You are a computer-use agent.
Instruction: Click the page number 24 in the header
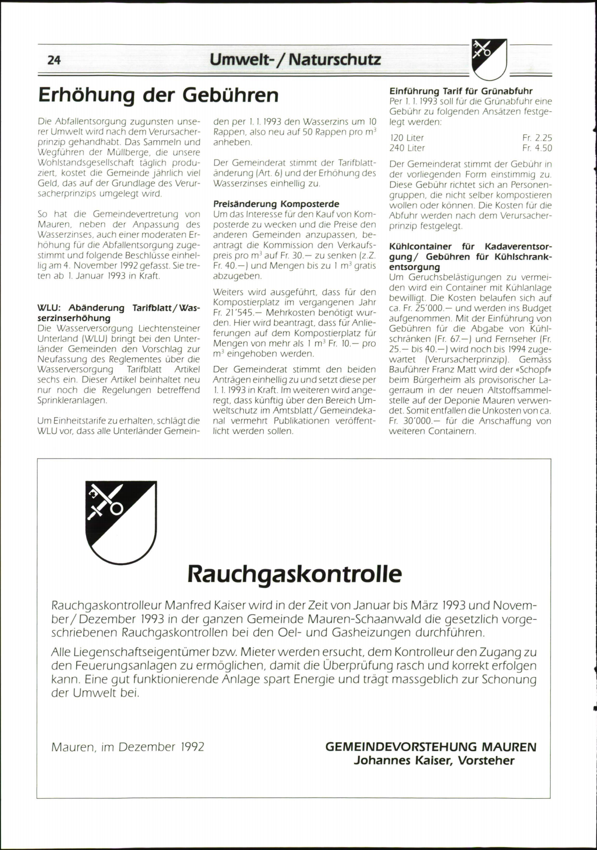54,60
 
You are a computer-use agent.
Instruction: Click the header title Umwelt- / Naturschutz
295,60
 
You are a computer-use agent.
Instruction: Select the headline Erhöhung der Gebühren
158,95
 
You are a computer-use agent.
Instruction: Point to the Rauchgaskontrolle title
295,574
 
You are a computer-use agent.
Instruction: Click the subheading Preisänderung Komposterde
276,204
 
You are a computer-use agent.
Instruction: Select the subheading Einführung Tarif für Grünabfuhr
461,91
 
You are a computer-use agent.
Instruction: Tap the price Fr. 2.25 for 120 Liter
537,138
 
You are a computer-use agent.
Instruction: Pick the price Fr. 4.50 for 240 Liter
537,148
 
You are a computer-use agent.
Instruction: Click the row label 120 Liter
407,138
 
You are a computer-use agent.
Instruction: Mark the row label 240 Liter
407,148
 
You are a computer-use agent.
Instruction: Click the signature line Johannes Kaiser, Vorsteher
434,760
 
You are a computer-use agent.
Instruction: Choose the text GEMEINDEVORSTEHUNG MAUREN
431,747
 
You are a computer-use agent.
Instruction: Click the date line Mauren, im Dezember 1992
128,747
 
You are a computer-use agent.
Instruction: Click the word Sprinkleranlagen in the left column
72,400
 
